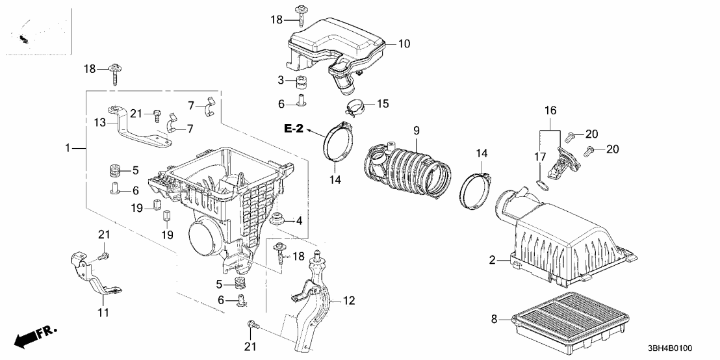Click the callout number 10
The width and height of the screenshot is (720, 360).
click(x=404, y=44)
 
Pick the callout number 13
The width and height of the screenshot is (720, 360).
click(x=99, y=122)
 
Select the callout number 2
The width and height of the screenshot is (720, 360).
click(x=494, y=261)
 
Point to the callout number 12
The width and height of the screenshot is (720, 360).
click(x=349, y=300)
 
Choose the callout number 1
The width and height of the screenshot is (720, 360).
click(x=68, y=149)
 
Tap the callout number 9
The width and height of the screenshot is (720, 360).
click(x=417, y=129)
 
